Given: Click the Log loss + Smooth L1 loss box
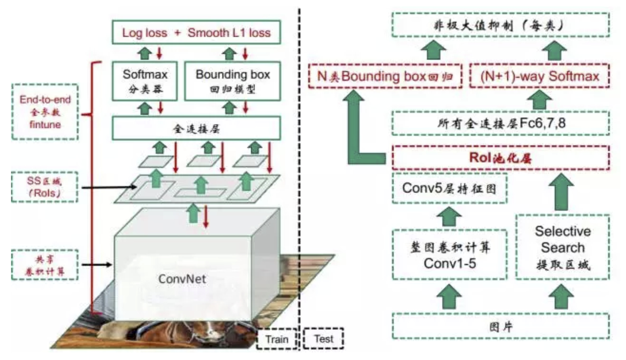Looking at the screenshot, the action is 196,32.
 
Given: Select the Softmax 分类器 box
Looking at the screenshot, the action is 145,81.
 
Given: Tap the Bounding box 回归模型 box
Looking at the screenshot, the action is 232,81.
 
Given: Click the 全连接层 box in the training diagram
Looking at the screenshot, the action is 196,128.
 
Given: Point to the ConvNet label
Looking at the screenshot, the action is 182,279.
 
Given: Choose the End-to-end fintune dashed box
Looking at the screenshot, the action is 45,112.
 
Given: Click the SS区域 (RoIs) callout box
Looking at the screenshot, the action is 44,187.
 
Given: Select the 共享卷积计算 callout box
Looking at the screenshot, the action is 45,265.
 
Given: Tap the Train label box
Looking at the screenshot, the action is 277,339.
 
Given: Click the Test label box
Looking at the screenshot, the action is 323,339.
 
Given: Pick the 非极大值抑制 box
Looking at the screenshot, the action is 500,25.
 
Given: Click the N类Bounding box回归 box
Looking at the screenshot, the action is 385,76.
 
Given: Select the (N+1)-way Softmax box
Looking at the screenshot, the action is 539,76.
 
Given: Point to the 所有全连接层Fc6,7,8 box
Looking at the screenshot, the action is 500,123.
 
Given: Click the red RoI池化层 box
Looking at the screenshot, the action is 500,158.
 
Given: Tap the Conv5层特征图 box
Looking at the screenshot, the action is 450,188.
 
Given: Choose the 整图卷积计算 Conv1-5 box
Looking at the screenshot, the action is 450,255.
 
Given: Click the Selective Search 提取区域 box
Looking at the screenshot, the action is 563,247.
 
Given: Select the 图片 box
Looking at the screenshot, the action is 500,326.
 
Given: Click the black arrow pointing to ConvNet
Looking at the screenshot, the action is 97,265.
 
